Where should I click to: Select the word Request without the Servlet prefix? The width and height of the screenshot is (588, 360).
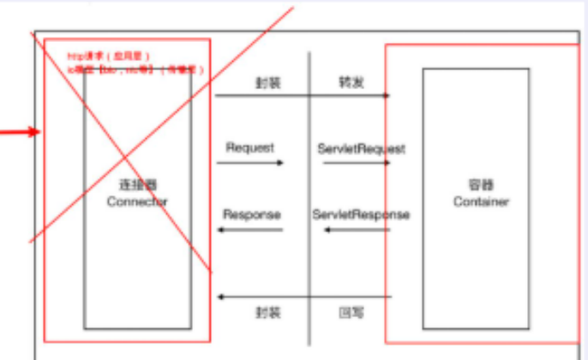coord(250,147)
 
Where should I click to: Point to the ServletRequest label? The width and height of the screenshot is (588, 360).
coord(361,148)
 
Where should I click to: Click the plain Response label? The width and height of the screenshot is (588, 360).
coord(252,213)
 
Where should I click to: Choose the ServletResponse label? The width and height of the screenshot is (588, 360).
coord(361,213)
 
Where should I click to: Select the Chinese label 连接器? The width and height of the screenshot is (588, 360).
coord(137,186)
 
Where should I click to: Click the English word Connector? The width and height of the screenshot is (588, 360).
coord(137,201)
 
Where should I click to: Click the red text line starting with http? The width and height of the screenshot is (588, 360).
coord(112,57)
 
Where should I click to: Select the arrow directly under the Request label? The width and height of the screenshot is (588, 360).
coord(254,162)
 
